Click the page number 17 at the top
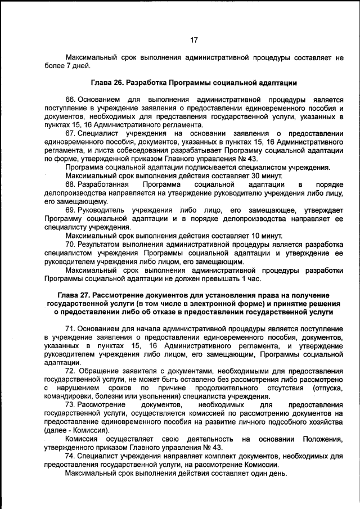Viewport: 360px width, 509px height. coord(193,40)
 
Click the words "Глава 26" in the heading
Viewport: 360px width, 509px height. coord(107,82)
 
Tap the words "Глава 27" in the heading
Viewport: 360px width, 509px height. coord(74,296)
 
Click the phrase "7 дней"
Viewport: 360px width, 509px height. coord(78,66)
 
